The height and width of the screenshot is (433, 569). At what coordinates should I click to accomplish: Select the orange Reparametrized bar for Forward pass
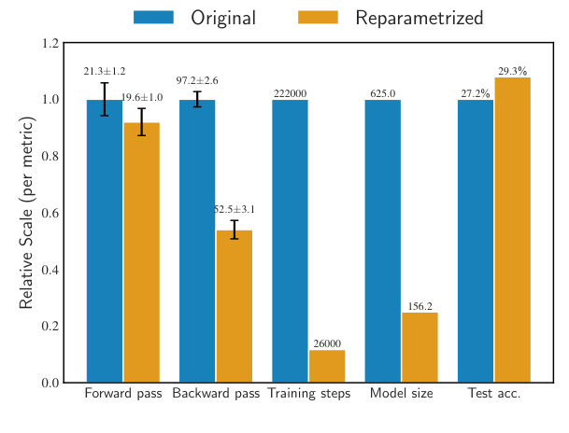pyautogui.click(x=141, y=252)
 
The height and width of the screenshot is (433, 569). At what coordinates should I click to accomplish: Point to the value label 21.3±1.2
pyautogui.click(x=105, y=72)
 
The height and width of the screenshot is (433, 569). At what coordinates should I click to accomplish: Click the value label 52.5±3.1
pyautogui.click(x=234, y=210)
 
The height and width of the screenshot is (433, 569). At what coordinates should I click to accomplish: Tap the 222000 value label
pyautogui.click(x=290, y=94)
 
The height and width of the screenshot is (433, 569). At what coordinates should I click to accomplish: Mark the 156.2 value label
pyautogui.click(x=420, y=306)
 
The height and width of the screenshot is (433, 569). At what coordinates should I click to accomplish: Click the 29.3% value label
pyautogui.click(x=512, y=71)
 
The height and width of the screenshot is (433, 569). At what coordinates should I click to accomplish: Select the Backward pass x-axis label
pyautogui.click(x=216, y=394)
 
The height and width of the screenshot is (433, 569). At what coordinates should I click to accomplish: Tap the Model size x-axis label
pyautogui.click(x=401, y=394)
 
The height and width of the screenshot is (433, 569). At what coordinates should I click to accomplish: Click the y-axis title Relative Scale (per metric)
pyautogui.click(x=26, y=213)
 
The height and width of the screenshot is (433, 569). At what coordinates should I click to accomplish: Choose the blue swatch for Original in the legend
pyautogui.click(x=154, y=17)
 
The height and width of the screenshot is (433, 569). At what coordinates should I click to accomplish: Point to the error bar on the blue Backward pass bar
pyautogui.click(x=197, y=99)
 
